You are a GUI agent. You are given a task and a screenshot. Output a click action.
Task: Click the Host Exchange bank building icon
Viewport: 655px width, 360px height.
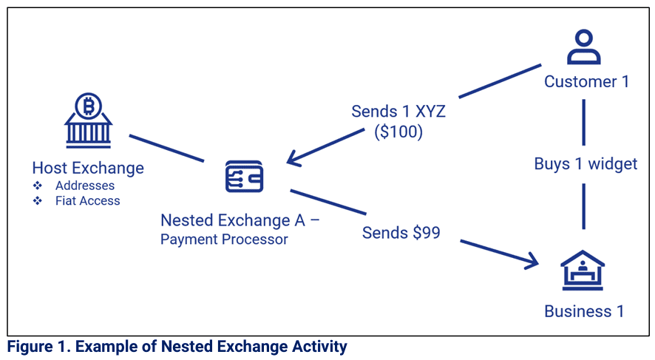(88, 121)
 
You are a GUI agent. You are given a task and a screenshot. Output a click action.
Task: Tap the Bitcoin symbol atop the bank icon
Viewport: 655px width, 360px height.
(88, 106)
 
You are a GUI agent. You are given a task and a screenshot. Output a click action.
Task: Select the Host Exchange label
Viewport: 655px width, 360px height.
(88, 168)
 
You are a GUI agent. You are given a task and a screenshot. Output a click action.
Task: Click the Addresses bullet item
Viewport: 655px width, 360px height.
(84, 186)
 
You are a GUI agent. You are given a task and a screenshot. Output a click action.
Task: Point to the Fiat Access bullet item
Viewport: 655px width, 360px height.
(87, 200)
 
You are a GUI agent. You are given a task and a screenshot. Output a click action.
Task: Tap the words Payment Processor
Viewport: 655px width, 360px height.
(224, 240)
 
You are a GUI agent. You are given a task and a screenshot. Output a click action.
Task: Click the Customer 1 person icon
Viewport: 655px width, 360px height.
(584, 48)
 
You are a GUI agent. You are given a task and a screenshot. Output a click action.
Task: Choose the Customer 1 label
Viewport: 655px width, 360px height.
(586, 81)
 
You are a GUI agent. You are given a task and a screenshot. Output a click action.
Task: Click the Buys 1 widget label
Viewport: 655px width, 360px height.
(586, 163)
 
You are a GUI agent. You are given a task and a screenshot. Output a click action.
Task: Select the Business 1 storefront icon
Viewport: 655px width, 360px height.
(583, 271)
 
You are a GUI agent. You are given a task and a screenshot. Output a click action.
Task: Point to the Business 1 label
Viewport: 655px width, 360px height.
(583, 311)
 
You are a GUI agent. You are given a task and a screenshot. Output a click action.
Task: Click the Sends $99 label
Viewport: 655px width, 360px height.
(401, 233)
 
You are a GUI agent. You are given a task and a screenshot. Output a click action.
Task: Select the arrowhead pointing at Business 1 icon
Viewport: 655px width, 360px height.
(530, 261)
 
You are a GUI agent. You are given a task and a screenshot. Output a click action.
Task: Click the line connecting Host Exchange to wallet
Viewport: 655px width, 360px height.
(166, 148)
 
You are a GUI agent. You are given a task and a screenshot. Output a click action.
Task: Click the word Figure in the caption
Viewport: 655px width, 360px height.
(30, 346)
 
